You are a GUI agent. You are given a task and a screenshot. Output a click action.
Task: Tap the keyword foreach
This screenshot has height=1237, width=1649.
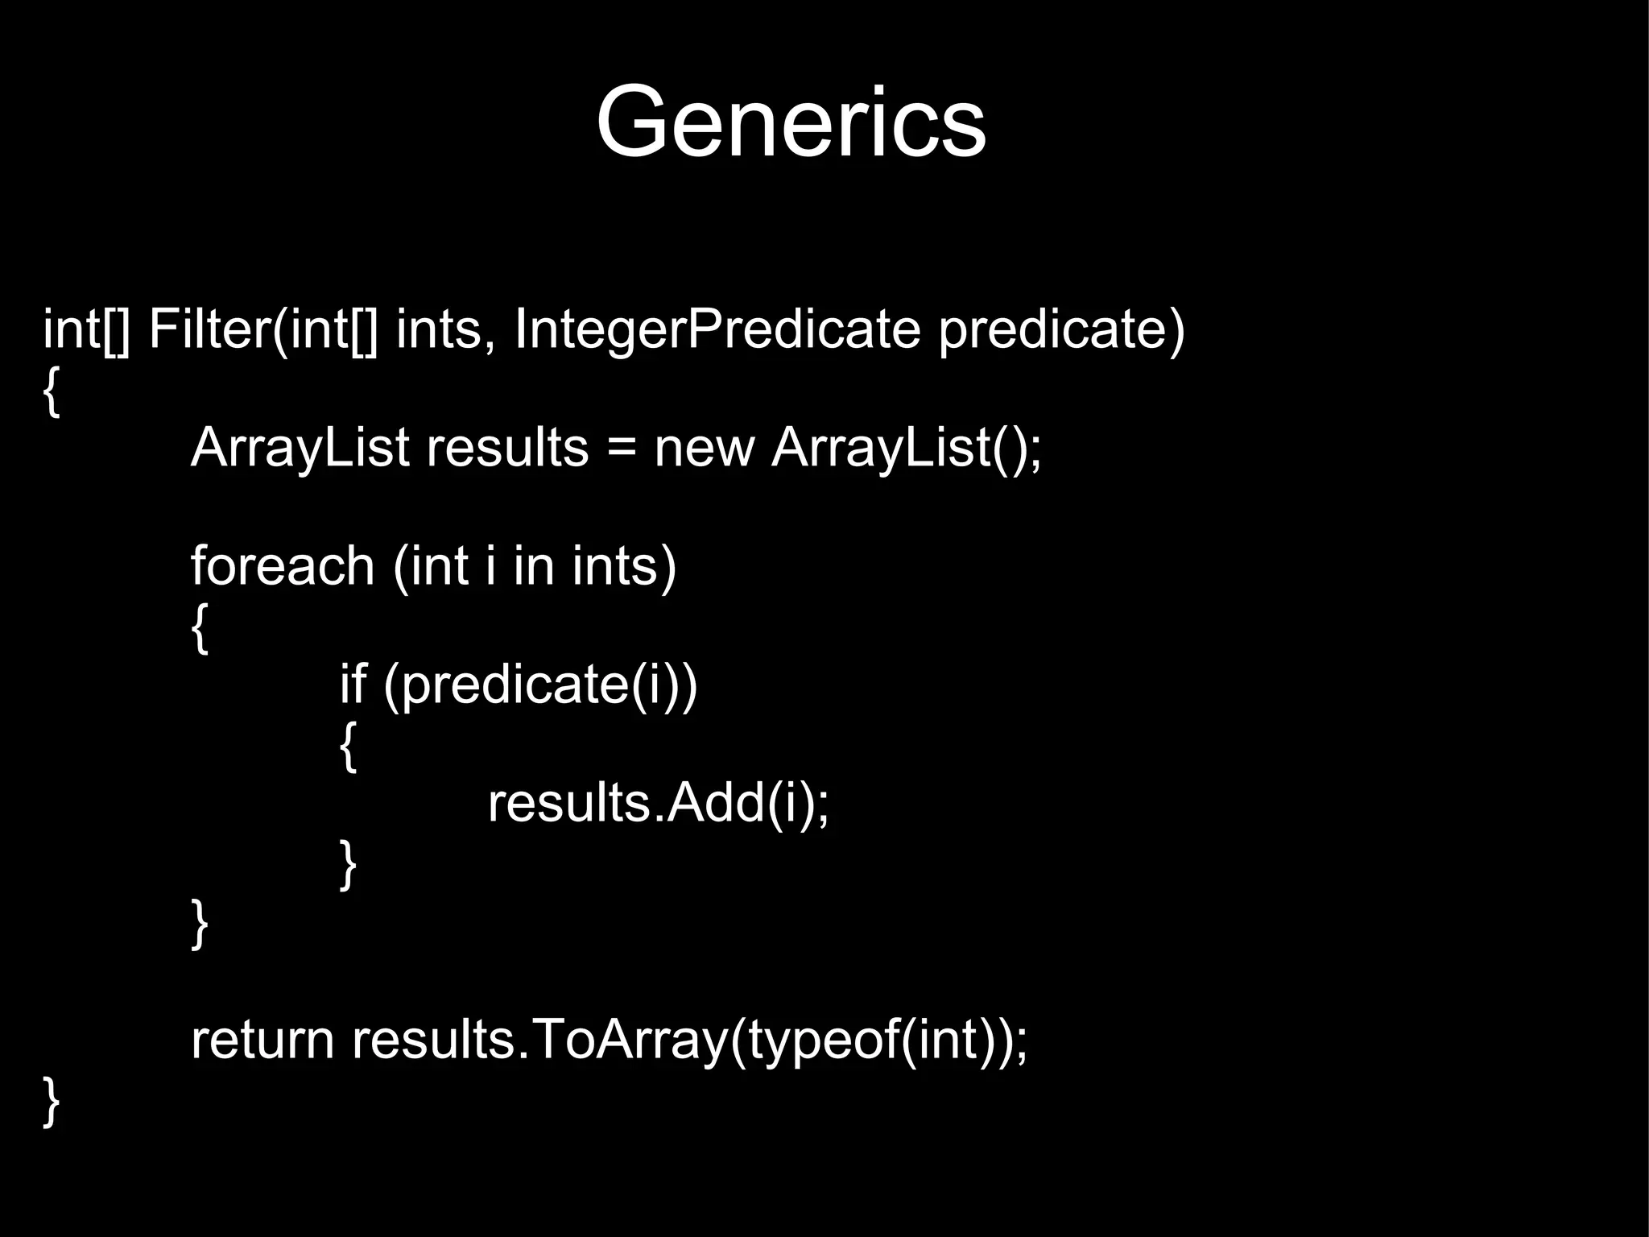283,566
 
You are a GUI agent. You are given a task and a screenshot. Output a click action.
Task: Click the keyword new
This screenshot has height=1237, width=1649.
704,448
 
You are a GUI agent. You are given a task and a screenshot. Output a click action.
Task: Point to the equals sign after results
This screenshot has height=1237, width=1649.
621,449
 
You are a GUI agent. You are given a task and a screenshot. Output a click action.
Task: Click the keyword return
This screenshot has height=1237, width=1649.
262,1040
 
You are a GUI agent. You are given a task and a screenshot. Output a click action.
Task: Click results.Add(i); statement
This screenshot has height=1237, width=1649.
658,803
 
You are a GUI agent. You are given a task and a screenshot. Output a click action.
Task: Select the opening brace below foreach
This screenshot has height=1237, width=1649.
200,627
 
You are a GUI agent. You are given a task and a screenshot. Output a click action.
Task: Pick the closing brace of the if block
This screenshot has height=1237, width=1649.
348,864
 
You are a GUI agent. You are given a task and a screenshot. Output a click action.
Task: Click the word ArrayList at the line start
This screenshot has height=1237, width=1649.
300,448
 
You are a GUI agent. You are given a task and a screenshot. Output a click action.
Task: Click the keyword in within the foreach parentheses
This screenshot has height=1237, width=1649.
534,566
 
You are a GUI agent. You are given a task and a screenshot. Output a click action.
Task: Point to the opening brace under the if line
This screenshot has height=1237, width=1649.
348,746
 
